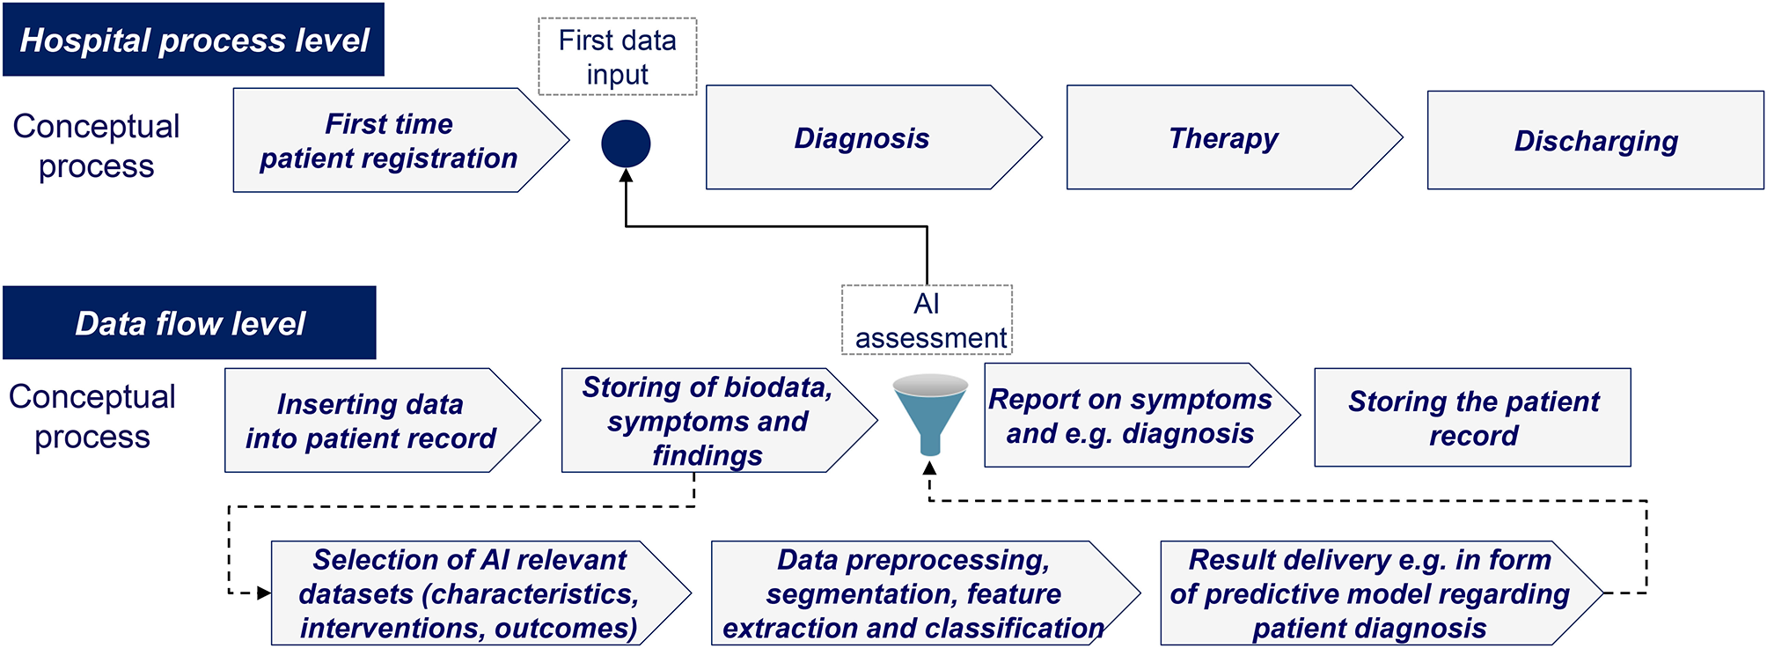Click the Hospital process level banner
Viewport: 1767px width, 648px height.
[x=194, y=40]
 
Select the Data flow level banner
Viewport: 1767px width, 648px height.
[x=189, y=323]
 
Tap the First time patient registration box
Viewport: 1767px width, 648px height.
[x=389, y=141]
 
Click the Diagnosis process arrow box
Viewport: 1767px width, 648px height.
[x=862, y=138]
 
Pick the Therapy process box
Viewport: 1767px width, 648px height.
[x=1223, y=138]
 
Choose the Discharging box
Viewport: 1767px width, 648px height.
[x=1595, y=141]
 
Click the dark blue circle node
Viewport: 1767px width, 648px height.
[x=626, y=144]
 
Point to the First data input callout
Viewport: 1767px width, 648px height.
[x=617, y=57]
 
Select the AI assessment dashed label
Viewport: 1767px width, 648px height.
[x=927, y=320]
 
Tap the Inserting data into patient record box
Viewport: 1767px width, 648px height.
[x=370, y=421]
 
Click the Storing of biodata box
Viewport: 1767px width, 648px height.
[x=707, y=421]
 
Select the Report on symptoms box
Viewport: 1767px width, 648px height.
[x=1130, y=416]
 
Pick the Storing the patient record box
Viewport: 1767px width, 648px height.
[x=1472, y=418]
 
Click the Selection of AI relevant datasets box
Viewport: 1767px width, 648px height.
[x=469, y=593]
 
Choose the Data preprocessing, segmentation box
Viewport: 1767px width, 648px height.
[x=913, y=593]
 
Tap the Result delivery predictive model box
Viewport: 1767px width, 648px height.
[x=1369, y=593]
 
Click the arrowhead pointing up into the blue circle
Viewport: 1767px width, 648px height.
[x=626, y=176]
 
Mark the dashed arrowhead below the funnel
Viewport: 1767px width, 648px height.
[x=930, y=468]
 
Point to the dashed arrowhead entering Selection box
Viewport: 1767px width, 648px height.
[x=264, y=593]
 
